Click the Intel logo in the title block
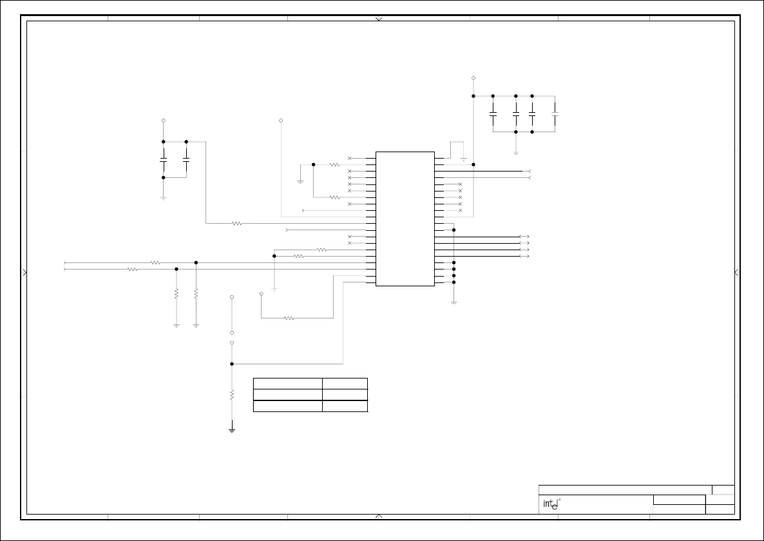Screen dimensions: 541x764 [x=549, y=504]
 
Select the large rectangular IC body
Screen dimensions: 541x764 [x=405, y=219]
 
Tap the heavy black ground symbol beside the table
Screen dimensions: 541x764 [x=232, y=429]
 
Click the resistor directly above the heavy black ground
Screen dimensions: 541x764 [x=232, y=395]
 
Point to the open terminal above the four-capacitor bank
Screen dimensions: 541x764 [x=473, y=78]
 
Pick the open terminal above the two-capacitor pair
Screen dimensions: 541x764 [x=164, y=121]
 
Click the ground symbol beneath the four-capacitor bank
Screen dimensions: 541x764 [x=516, y=153]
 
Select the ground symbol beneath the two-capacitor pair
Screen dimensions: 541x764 [x=164, y=198]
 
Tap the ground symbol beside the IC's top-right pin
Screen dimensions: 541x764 [x=463, y=159]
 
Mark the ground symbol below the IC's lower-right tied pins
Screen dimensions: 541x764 [x=454, y=302]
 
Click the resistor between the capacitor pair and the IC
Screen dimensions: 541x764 [x=236, y=224]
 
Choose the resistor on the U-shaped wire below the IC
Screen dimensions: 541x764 [x=289, y=318]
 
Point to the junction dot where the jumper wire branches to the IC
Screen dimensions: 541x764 [x=232, y=364]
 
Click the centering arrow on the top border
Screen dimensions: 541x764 [x=379, y=19]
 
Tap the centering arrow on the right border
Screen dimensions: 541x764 [x=736, y=273]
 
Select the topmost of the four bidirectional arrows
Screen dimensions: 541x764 [x=524, y=237]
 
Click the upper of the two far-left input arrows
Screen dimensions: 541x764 [x=65, y=262]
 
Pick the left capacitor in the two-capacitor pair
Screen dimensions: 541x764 [x=164, y=158]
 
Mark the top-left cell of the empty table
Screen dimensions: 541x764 [x=287, y=384]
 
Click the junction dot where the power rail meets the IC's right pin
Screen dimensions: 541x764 [x=473, y=164]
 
